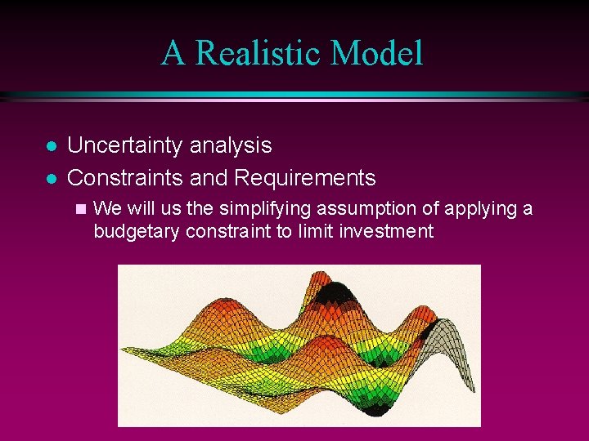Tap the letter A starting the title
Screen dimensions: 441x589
(x=173, y=53)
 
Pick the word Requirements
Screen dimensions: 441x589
(x=304, y=177)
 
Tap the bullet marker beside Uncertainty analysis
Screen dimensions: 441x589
(x=51, y=147)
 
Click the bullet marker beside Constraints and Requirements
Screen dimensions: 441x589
(x=51, y=178)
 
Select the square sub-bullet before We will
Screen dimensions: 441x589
(x=79, y=209)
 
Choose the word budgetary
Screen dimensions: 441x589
(x=137, y=231)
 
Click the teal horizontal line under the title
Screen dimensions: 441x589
(x=294, y=96)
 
